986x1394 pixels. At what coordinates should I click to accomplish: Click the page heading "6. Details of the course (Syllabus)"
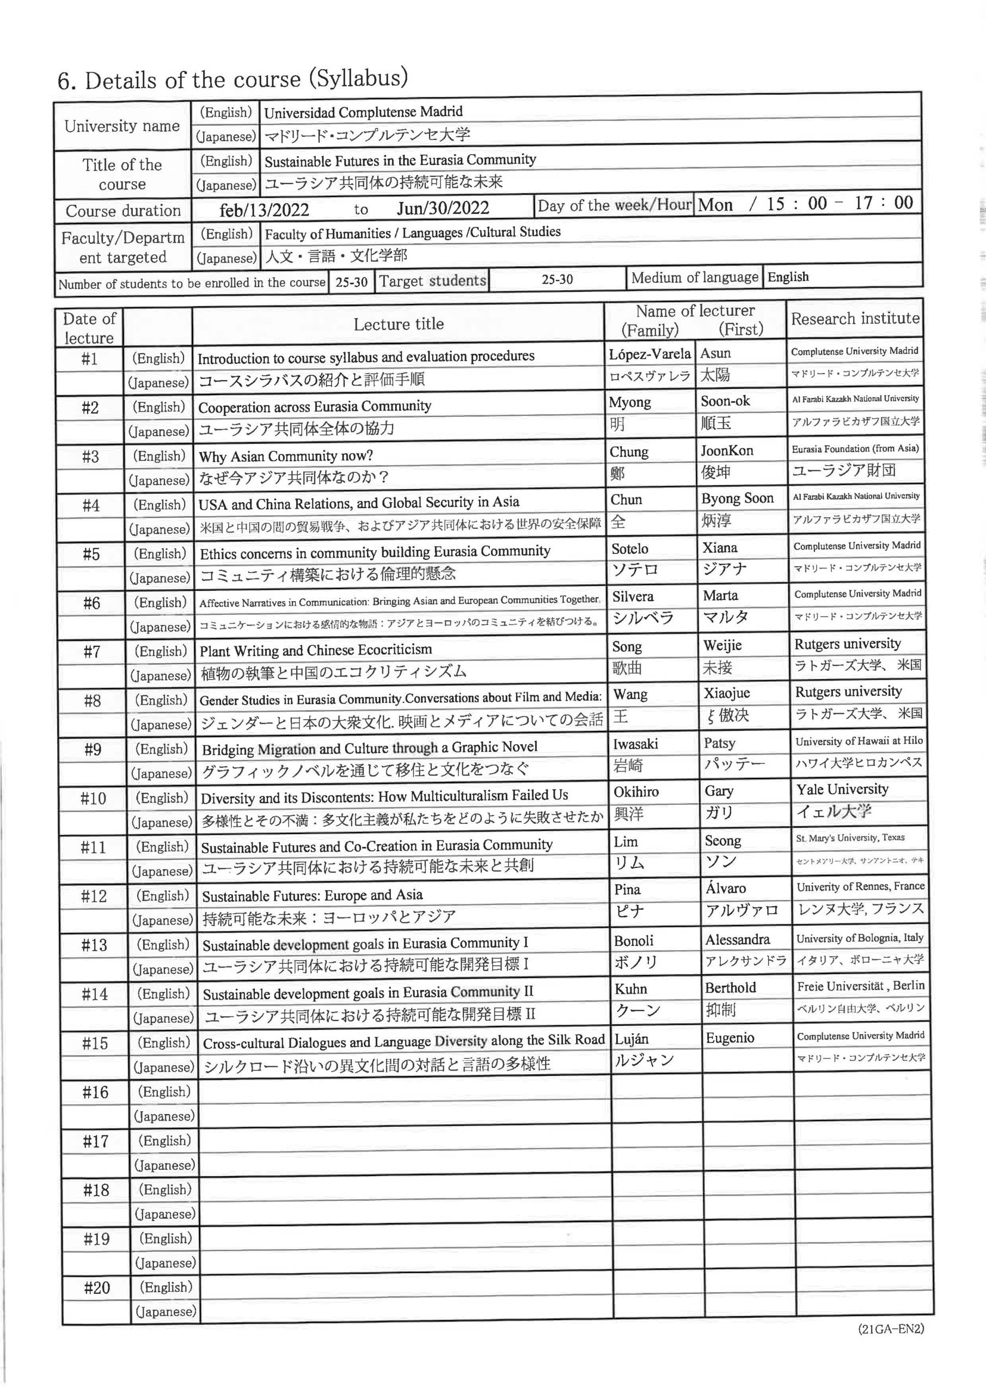232,80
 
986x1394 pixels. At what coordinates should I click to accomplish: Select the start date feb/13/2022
264,210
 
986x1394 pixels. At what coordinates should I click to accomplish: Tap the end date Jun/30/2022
443,208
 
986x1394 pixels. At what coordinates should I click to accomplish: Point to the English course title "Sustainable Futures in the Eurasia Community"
400,160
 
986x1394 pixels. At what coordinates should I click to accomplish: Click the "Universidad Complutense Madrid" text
363,112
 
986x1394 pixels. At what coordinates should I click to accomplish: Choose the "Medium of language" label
695,278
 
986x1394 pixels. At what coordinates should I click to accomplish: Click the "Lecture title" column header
399,324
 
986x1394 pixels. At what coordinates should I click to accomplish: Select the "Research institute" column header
855,319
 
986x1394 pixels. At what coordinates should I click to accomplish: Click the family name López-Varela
650,354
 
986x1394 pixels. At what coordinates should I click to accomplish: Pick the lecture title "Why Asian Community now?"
285,456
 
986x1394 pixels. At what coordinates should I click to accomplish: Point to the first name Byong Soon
737,498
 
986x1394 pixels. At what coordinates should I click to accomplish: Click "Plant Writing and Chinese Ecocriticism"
316,650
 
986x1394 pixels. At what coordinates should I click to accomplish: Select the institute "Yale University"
842,789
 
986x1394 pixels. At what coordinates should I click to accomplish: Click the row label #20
96,1288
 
